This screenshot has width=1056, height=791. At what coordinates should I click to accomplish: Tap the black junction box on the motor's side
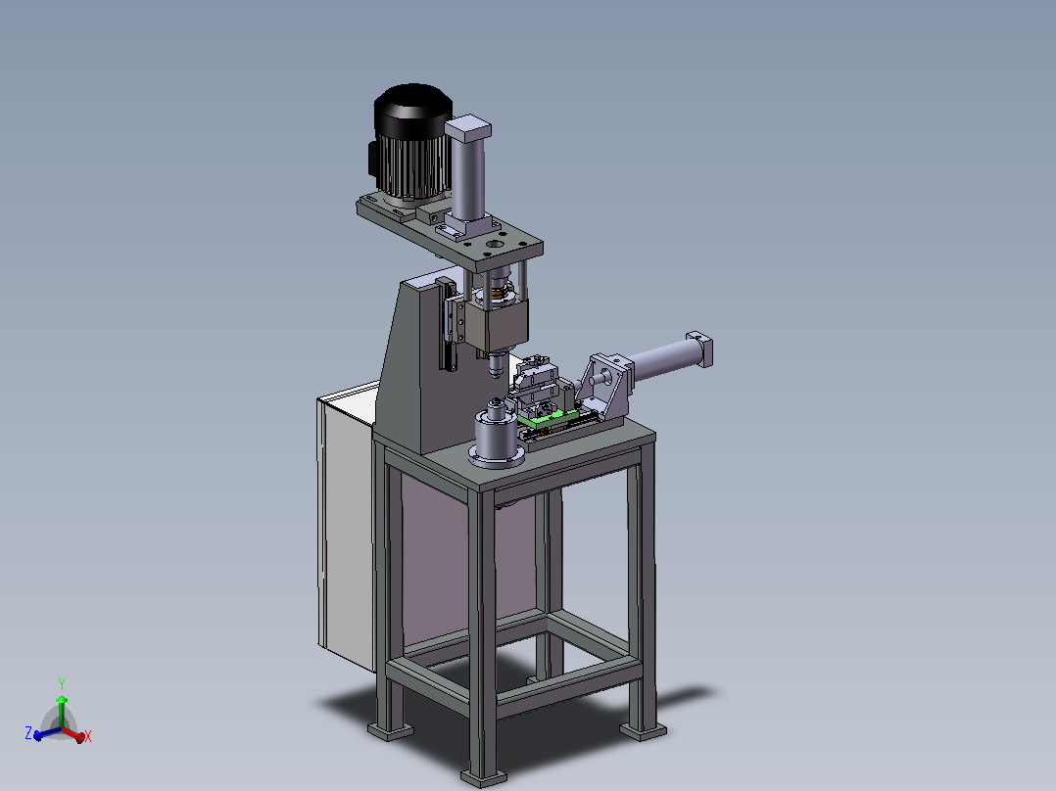tap(372, 161)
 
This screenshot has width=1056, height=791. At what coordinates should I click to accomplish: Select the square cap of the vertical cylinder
tap(467, 128)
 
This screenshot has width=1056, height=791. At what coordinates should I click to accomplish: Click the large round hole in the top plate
tap(495, 244)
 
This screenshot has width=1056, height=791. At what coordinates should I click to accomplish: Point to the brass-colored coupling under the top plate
tap(499, 292)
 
